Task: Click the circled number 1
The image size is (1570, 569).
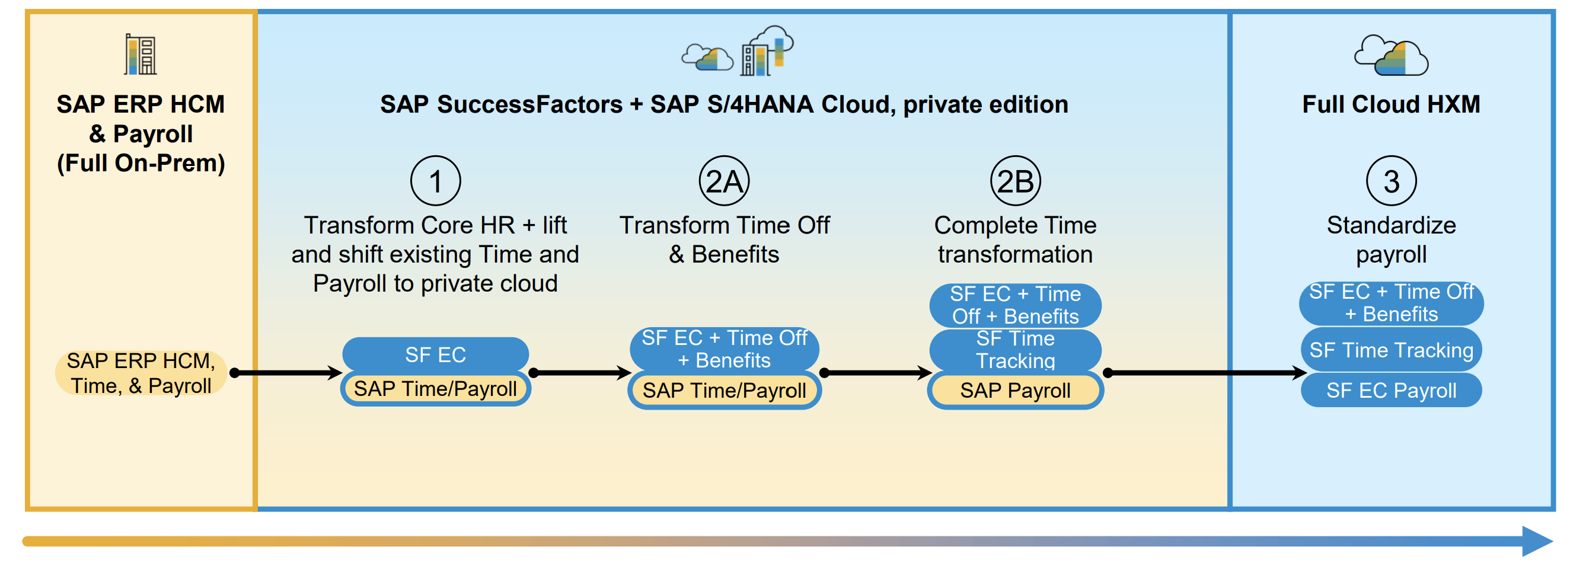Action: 435,181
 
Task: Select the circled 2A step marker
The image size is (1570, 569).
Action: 724,181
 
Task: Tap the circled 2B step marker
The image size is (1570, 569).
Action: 1016,181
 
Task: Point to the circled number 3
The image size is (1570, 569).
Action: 1392,181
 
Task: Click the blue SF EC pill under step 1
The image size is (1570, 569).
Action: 435,354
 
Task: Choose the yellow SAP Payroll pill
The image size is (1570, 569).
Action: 1016,391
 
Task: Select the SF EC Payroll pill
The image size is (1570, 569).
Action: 1392,390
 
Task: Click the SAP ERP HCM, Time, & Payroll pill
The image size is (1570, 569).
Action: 141,373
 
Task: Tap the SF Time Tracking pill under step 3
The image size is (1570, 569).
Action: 1392,350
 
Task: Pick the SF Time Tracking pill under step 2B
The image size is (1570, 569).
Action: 1016,350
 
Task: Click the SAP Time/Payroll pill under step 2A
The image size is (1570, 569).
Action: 724,391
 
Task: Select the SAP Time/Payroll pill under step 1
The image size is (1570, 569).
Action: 435,389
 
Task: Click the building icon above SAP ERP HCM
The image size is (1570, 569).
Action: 141,54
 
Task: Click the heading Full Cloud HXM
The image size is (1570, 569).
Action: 1392,104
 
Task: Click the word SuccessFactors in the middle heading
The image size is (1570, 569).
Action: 529,104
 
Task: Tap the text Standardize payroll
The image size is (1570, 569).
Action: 1392,239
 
